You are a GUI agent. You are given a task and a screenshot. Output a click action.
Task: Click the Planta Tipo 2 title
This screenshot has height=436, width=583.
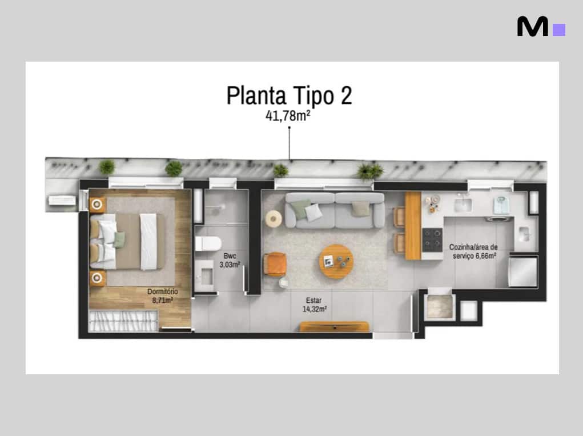tap(289, 95)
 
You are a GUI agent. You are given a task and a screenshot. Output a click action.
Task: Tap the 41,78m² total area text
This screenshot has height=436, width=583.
tap(288, 115)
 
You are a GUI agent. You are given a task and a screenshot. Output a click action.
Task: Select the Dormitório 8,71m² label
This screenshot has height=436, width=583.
tap(163, 296)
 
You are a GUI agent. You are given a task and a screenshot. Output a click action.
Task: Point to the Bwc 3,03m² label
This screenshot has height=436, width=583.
tap(230, 261)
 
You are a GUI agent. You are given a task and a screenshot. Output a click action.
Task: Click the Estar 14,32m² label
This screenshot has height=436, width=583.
tap(314, 305)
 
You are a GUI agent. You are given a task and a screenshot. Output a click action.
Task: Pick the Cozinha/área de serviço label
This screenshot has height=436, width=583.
tap(473, 251)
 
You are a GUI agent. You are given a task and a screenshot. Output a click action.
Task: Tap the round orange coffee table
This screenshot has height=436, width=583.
tap(336, 261)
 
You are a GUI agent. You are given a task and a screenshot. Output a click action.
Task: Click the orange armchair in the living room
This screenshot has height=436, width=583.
tap(275, 264)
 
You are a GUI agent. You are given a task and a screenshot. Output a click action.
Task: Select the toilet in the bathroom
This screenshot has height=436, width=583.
tap(208, 243)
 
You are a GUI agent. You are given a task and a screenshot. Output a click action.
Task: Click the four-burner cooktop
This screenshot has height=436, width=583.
tap(432, 240)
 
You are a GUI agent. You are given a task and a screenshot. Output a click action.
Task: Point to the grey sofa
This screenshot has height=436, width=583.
tap(335, 210)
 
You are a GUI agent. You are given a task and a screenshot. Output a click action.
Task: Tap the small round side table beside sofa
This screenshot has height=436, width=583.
tap(274, 218)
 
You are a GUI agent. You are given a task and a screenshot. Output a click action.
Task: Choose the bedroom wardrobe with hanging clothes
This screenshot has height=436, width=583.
tap(123, 321)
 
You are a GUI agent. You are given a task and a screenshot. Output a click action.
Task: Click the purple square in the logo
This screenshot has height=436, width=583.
tap(559, 30)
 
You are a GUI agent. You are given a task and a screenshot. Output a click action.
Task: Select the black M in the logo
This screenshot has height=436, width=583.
tap(532, 26)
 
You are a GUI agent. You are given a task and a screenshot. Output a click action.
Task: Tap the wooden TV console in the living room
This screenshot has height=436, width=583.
tap(334, 327)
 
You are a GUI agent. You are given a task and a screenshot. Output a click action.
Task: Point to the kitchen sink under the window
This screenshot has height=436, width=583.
tap(463, 205)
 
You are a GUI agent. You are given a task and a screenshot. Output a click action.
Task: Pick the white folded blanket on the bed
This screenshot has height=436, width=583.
tap(148, 242)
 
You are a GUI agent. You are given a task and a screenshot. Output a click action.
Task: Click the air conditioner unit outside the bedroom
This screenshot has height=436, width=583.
tap(62, 201)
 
